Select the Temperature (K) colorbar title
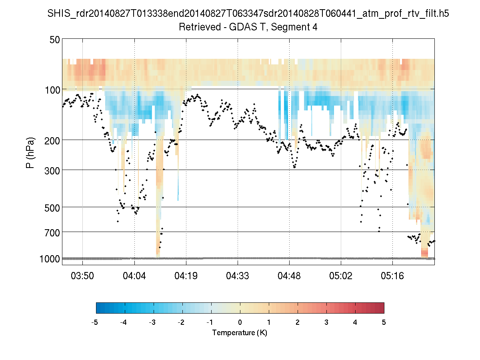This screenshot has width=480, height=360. tap(240, 333)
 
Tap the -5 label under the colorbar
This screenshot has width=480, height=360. tap(95, 322)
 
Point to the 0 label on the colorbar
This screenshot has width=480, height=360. tap(240, 322)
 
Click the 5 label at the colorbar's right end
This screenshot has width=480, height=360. tap(384, 322)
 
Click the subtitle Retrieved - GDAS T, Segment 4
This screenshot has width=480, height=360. tap(248, 27)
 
